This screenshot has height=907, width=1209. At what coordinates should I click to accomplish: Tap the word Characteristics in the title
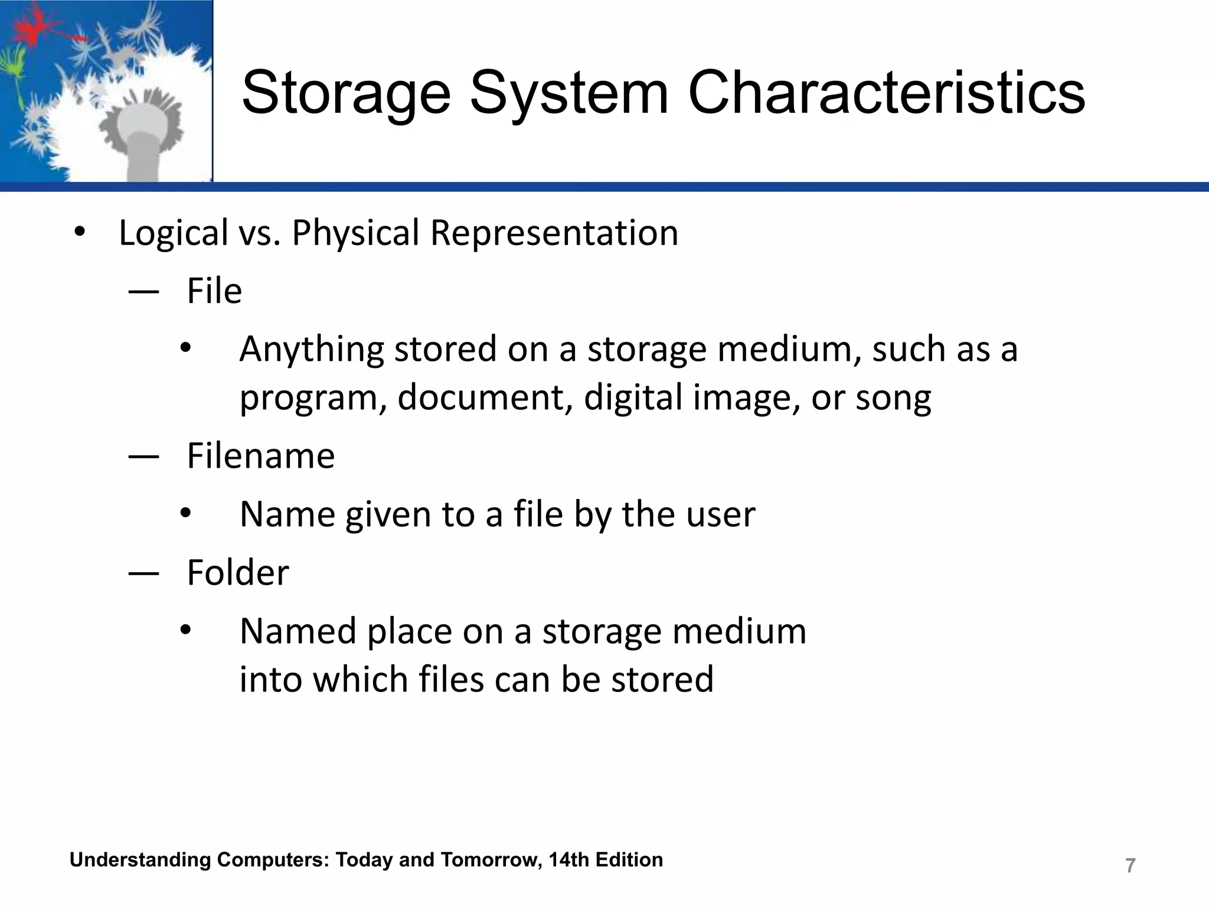point(886,93)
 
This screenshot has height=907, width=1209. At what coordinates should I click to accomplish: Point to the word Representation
point(554,233)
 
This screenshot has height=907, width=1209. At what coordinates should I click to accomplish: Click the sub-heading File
point(214,291)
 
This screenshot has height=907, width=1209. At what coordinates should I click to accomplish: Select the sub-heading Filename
point(260,456)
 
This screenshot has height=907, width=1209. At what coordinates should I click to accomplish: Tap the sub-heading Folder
point(237,573)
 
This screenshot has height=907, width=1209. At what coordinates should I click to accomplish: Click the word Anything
point(312,349)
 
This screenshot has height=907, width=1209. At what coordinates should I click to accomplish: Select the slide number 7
point(1130,866)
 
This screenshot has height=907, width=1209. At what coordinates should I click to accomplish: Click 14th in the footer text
point(568,860)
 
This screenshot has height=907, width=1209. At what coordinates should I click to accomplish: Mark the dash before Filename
point(143,456)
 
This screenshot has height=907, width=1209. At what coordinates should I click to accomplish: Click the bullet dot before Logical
point(80,232)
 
